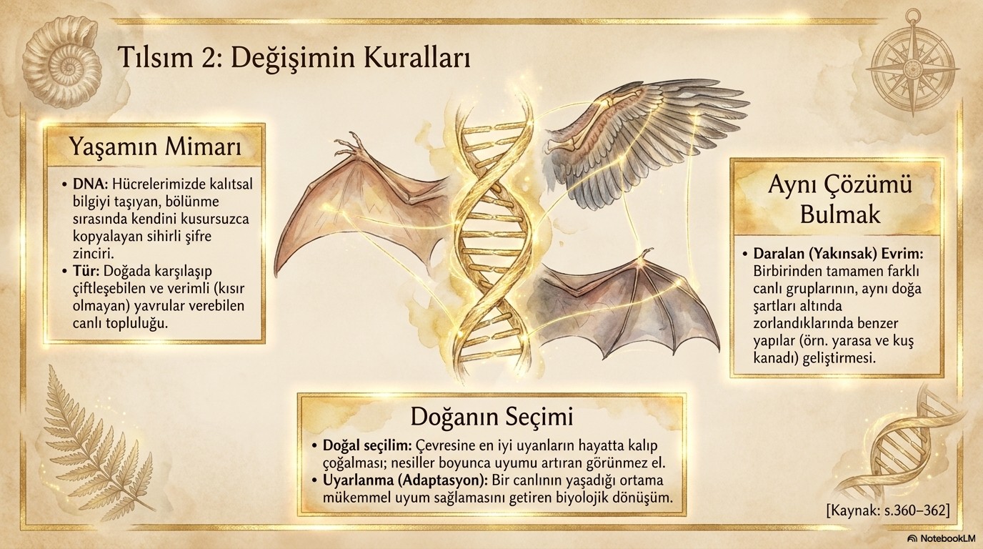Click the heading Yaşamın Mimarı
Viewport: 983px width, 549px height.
point(155,147)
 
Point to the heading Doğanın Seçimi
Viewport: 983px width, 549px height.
point(491,417)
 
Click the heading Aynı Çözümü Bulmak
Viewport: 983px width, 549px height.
point(840,200)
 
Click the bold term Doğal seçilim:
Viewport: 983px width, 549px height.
point(367,446)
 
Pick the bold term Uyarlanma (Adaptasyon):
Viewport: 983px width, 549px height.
point(406,480)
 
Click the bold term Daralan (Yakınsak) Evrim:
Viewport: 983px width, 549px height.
point(839,254)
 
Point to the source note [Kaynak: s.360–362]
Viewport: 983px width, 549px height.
point(887,510)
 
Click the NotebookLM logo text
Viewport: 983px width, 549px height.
point(944,538)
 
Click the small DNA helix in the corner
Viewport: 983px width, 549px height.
point(911,452)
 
